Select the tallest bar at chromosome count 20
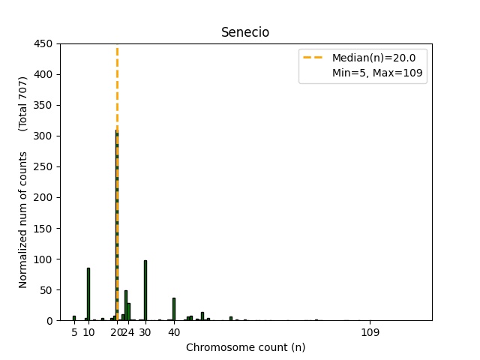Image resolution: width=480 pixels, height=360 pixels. pyautogui.click(x=117, y=225)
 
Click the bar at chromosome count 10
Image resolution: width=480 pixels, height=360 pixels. pyautogui.click(x=88, y=294)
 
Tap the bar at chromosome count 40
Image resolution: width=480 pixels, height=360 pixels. pyautogui.click(x=174, y=309)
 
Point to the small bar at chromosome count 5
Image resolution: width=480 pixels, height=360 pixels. pyautogui.click(x=74, y=318)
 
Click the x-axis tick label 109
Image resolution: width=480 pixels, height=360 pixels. pyautogui.click(x=370, y=332)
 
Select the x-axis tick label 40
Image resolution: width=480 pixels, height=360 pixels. pyautogui.click(x=174, y=332)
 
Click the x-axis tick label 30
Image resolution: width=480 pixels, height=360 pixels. pyautogui.click(x=145, y=332)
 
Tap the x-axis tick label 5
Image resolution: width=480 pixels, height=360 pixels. pyautogui.click(x=74, y=332)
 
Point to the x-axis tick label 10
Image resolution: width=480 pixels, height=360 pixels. pyautogui.click(x=88, y=332)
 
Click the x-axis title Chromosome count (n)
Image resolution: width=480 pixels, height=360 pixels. pyautogui.click(x=245, y=347)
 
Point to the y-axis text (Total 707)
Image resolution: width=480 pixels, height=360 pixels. pyautogui.click(x=23, y=103)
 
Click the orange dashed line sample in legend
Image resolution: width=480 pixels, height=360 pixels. pyautogui.click(x=314, y=58)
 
